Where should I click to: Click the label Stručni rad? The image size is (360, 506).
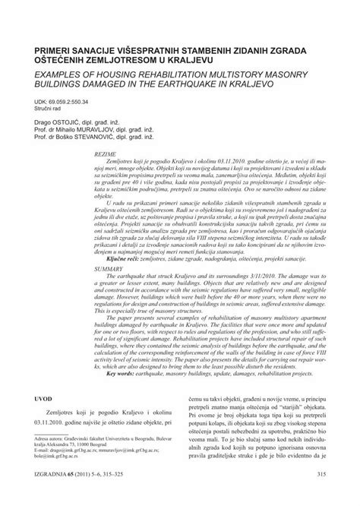point(50,109)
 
